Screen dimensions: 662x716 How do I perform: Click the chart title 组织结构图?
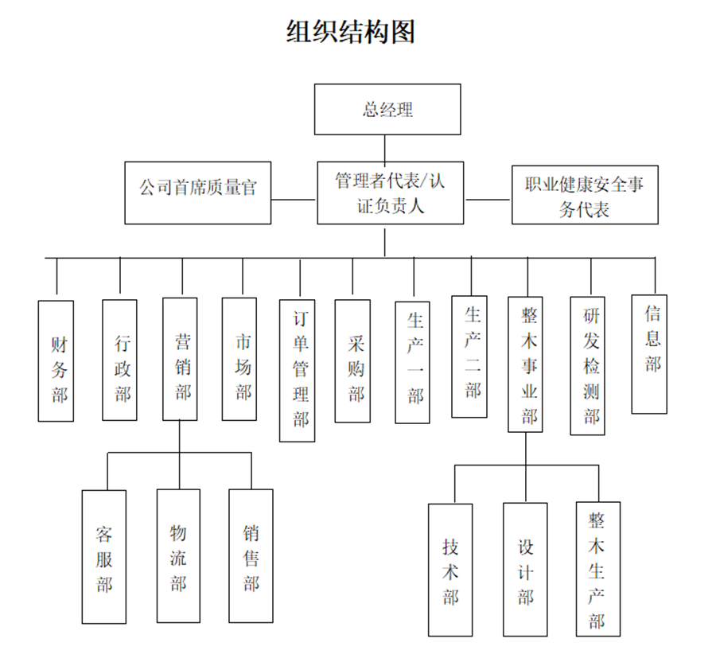pyautogui.click(x=351, y=32)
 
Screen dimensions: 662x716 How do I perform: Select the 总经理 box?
pyautogui.click(x=387, y=109)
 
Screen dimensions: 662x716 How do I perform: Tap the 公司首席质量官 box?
pyautogui.click(x=198, y=193)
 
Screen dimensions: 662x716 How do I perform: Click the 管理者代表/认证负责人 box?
pyautogui.click(x=390, y=193)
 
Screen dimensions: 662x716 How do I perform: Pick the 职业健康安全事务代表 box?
pyautogui.click(x=585, y=195)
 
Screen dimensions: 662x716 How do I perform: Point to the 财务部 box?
pyautogui.click(x=56, y=360)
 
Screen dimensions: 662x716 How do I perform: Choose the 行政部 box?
pyautogui.click(x=119, y=360)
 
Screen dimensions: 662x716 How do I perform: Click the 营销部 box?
pyautogui.click(x=180, y=359)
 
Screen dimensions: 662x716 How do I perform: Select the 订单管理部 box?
pyautogui.click(x=298, y=370)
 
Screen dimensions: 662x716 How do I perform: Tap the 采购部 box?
pyautogui.click(x=352, y=360)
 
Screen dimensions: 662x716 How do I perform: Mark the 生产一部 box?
pyautogui.click(x=413, y=362)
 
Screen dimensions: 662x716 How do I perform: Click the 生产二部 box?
pyautogui.click(x=469, y=356)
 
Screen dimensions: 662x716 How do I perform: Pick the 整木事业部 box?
pyautogui.click(x=526, y=364)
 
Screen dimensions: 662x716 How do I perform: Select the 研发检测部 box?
pyautogui.click(x=588, y=366)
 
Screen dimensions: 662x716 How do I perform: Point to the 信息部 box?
pyautogui.click(x=649, y=354)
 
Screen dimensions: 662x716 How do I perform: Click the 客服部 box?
pyautogui.click(x=103, y=556)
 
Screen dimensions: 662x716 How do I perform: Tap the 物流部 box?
pyautogui.click(x=178, y=555)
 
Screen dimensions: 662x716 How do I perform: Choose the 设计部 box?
pyautogui.click(x=525, y=570)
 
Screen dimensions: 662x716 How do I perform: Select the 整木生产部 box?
pyautogui.click(x=597, y=569)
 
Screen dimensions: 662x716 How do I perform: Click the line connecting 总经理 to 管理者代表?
pyautogui.click(x=386, y=148)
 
